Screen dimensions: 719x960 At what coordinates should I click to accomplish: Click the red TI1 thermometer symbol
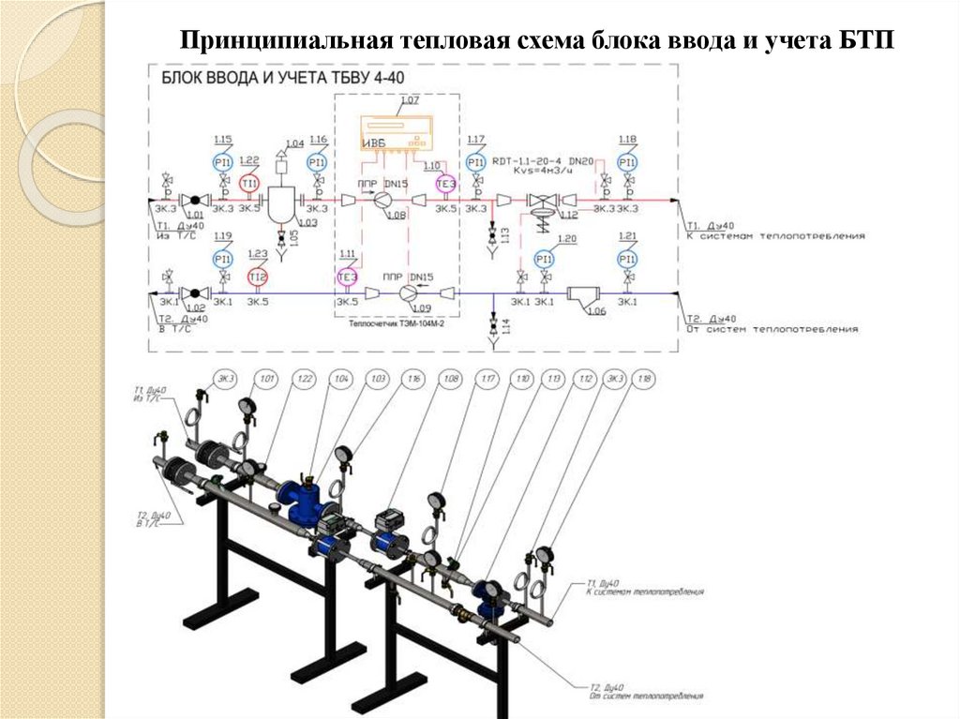pos(248,181)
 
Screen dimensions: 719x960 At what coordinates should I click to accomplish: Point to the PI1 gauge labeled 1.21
pos(627,258)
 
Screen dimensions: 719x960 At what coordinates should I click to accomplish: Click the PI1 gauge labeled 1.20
pos(544,258)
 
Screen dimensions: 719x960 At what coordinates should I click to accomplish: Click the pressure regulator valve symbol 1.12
pos(542,202)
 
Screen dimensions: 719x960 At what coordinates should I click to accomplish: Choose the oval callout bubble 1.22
pos(304,379)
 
